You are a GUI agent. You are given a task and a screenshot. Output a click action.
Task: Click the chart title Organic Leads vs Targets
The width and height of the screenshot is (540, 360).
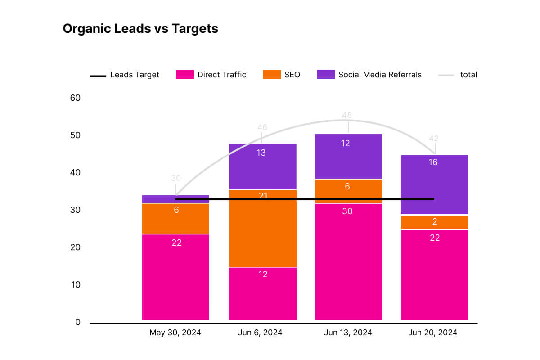point(140,29)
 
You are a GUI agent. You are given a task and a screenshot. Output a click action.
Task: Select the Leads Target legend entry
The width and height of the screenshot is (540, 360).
point(125,75)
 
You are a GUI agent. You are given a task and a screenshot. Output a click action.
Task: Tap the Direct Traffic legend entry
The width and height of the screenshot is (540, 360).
point(211,75)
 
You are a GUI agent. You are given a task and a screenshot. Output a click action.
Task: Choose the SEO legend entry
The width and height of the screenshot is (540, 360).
point(281,75)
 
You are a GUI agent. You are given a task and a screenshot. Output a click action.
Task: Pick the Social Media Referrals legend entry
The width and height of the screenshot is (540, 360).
point(369,75)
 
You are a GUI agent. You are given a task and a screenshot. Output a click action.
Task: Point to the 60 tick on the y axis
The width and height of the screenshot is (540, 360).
point(75,98)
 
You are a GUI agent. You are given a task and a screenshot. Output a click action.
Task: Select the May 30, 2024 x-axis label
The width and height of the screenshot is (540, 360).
point(175,333)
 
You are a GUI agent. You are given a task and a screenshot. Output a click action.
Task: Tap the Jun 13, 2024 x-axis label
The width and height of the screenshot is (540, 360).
point(348,333)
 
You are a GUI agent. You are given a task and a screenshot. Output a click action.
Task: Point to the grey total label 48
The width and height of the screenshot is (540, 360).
point(347,115)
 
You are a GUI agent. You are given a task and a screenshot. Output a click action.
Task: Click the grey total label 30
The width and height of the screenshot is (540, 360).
point(176,178)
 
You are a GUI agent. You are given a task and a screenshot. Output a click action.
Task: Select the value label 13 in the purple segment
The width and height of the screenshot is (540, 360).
point(261,153)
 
